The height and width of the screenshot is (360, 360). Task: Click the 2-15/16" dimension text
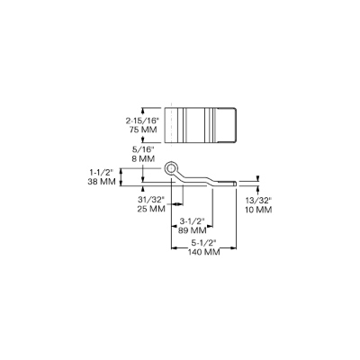[141, 121]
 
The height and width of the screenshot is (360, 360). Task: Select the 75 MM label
[143, 130]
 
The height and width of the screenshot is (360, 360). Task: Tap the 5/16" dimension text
[144, 149]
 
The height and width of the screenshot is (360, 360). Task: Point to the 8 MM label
[143, 158]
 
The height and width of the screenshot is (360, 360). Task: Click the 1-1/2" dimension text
[101, 173]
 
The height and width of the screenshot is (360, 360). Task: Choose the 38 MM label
[102, 182]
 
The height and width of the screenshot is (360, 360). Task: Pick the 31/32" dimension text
[151, 199]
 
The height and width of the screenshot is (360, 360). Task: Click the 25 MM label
[151, 209]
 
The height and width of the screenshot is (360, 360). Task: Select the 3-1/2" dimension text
[192, 221]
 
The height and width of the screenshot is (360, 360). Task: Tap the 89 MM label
[193, 230]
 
